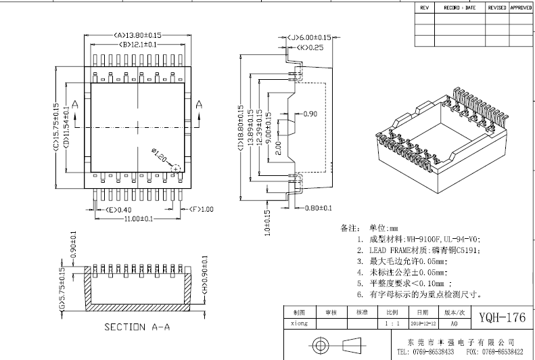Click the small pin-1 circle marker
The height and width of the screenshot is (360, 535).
[x=176, y=167]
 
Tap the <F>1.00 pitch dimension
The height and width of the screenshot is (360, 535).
[x=201, y=210]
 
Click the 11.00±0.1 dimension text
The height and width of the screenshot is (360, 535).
[x=137, y=219]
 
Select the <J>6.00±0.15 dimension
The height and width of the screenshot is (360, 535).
[x=308, y=37]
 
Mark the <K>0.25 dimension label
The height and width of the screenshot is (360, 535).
[x=308, y=47]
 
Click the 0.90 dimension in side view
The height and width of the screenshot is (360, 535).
[x=310, y=113]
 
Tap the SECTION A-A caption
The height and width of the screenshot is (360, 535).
[x=137, y=328]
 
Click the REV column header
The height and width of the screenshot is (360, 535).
[x=424, y=7]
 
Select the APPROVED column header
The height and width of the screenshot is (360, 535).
[x=521, y=7]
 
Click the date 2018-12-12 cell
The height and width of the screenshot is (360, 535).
[x=422, y=323]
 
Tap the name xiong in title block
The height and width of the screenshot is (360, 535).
[x=299, y=323]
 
